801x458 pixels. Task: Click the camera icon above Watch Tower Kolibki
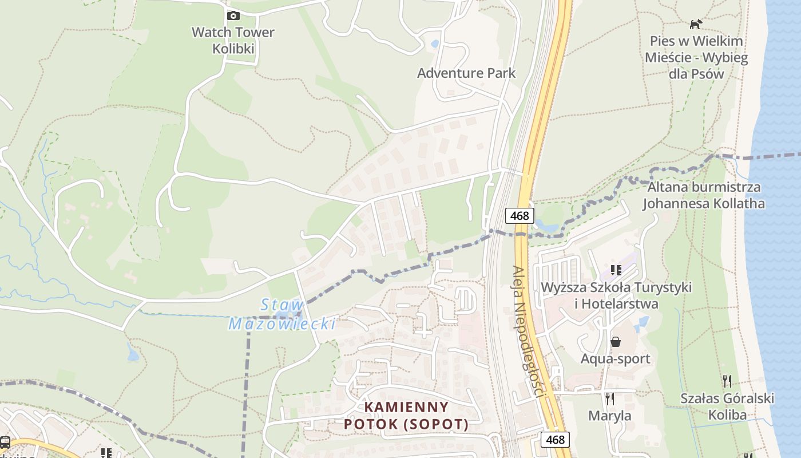[x=233, y=15]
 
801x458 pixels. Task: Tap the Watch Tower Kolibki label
[x=233, y=40]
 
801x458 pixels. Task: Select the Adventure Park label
[x=466, y=73]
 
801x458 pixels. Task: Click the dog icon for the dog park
[x=696, y=24]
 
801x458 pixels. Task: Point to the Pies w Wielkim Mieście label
[x=696, y=57]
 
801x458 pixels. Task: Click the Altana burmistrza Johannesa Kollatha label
[x=704, y=195]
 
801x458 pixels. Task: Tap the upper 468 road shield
[x=520, y=216]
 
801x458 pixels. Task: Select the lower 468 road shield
[x=555, y=440]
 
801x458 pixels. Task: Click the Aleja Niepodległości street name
[x=528, y=331]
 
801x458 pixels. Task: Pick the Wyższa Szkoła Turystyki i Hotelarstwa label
[x=616, y=295]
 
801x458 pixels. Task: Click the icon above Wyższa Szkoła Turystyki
[x=616, y=270]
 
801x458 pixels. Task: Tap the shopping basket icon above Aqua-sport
[x=616, y=342]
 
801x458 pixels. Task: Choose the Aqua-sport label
[x=616, y=359]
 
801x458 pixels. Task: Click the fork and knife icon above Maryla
[x=610, y=398]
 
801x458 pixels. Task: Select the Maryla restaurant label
[x=610, y=416]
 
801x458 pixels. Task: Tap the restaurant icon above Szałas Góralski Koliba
[x=727, y=381]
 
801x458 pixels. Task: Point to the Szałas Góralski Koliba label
[x=727, y=406]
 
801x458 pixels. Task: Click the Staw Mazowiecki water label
[x=282, y=314]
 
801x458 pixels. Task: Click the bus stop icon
[x=5, y=442]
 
